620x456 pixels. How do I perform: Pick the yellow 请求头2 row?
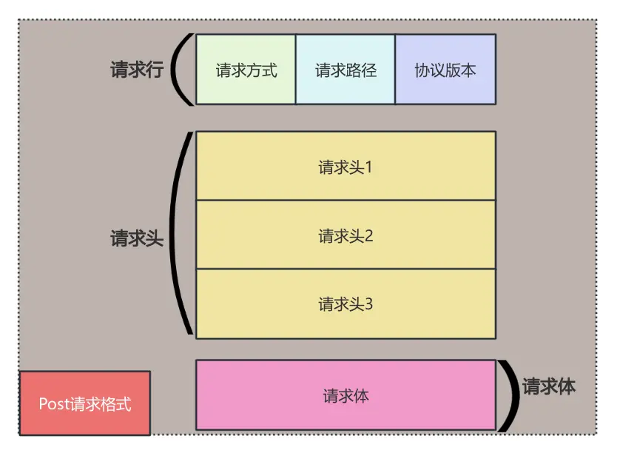346,235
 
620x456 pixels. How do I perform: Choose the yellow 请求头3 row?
346,304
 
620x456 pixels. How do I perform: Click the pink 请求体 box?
346,395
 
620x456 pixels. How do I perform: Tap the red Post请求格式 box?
85,403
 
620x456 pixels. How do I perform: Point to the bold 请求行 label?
137,70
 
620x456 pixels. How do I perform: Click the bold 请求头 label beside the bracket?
137,238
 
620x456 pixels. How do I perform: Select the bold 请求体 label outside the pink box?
548,386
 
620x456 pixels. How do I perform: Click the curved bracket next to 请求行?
181,69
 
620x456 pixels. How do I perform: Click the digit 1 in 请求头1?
368,167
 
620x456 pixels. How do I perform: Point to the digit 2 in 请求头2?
368,236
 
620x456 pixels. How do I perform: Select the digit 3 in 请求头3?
368,304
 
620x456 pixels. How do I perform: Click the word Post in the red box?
53,404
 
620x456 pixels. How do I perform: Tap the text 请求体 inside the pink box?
346,396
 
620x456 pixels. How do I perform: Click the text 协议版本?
445,70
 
